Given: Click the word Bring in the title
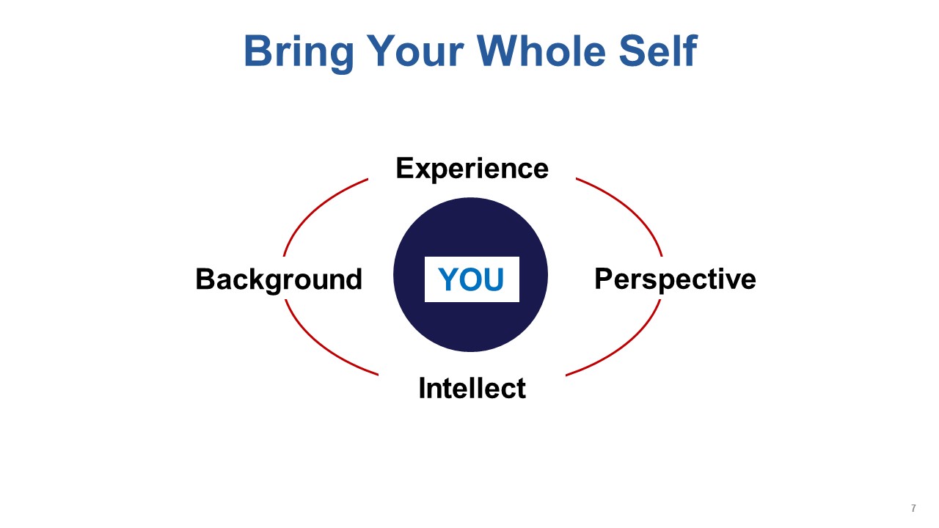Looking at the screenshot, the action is pos(299,52).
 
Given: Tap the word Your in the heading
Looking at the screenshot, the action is pos(415,51).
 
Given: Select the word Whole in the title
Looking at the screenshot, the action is pos(541,51).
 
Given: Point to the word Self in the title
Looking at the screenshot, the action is pos(658,51).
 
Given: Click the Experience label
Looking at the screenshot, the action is pos(472,169).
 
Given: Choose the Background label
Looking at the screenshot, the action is pos(279,279).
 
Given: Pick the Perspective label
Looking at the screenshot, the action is pos(676,279).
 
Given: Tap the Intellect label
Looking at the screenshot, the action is pos(472,388).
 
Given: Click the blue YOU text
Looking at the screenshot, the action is pos(471,279).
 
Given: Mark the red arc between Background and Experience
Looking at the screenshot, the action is pos(315,207).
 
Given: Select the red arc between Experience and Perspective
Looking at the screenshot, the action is pos(629,207).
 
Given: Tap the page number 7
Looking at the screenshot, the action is pos(913,508).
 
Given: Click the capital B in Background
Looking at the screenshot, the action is pos(205,279).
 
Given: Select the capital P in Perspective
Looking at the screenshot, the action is pos(604,279).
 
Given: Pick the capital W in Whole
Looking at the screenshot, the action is pos(498,51).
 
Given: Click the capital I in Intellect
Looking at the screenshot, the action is pos(422,388).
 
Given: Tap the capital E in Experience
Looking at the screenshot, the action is pos(406,168).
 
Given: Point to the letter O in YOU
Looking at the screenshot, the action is pos(471,279).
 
